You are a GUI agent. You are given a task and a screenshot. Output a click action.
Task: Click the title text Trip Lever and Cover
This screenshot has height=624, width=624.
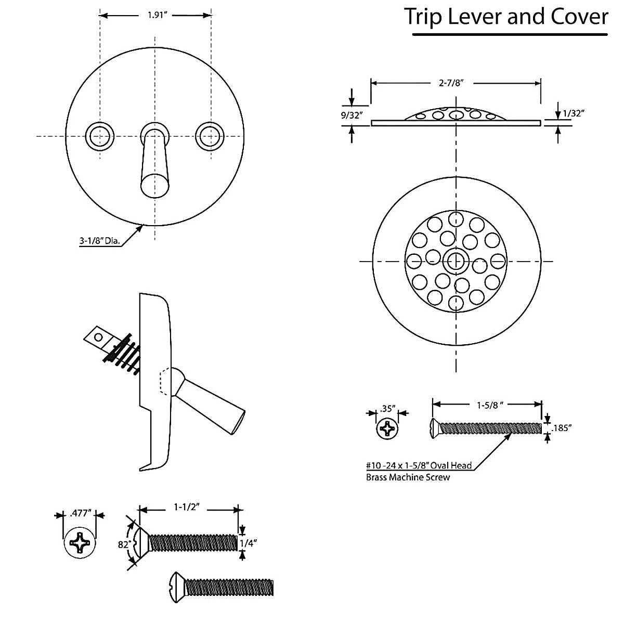[x=506, y=17]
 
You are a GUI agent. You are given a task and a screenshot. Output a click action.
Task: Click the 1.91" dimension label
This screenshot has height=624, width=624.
[x=155, y=15]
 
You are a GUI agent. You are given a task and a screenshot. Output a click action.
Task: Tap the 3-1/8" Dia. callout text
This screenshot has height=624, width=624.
[x=99, y=241]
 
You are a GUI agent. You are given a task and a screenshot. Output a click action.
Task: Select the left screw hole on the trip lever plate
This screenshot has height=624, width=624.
[x=99, y=136]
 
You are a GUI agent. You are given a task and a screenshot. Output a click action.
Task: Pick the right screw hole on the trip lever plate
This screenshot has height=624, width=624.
[x=210, y=136]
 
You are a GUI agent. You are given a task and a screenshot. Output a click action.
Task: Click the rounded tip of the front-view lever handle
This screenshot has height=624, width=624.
[x=154, y=186]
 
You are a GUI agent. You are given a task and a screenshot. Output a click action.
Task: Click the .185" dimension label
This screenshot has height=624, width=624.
[x=562, y=428]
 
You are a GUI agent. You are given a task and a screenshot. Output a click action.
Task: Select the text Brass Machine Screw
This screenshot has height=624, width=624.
[x=408, y=477]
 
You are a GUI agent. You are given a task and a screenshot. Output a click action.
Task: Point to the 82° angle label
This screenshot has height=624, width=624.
[x=124, y=544]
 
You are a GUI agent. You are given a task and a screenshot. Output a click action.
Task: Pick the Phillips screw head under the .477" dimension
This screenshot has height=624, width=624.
[x=80, y=544]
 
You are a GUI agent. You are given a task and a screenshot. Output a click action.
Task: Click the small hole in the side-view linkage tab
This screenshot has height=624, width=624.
[x=97, y=336]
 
